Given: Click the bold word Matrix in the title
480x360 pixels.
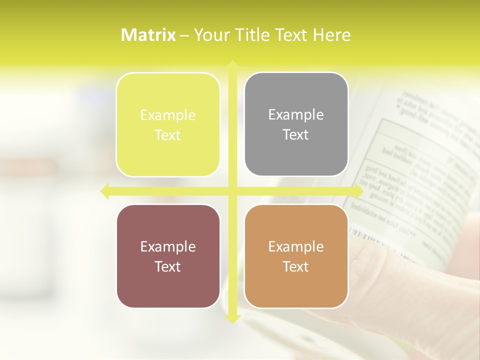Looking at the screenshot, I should (x=148, y=35).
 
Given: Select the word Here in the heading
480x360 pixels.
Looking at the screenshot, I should (x=331, y=35).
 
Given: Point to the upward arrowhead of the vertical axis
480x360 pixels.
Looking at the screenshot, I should (x=232, y=65).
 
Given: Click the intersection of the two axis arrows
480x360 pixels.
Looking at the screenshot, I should (x=232, y=191).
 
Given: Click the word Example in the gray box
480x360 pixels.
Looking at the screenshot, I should (x=296, y=114).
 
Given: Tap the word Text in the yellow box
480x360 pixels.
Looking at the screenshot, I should (x=168, y=135).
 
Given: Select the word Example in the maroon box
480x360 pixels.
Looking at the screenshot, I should (x=168, y=246).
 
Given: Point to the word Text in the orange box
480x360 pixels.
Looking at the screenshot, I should (x=296, y=266).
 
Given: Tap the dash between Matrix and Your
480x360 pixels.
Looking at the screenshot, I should (x=184, y=35).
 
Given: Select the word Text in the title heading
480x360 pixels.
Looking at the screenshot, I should (x=291, y=35).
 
